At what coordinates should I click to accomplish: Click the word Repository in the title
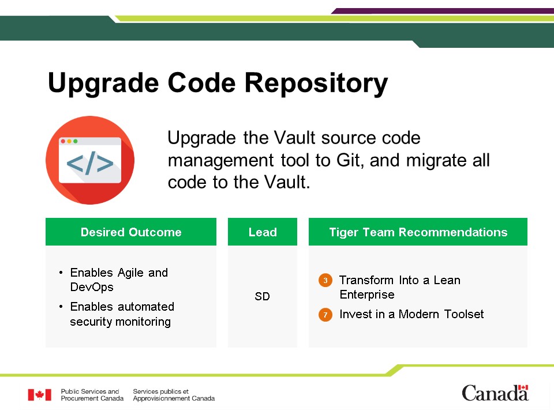pyautogui.click(x=316, y=84)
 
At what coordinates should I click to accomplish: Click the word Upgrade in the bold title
pyautogui.click(x=103, y=84)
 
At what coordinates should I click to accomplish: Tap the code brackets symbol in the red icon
pyautogui.click(x=90, y=163)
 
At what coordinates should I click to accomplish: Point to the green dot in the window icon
pyautogui.click(x=75, y=141)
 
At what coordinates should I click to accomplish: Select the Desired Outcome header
pyautogui.click(x=131, y=232)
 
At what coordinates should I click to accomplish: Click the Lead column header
pyautogui.click(x=263, y=232)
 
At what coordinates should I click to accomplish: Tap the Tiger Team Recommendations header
pyautogui.click(x=418, y=232)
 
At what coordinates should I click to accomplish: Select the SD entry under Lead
pyautogui.click(x=262, y=296)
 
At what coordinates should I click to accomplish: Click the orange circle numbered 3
pyautogui.click(x=325, y=281)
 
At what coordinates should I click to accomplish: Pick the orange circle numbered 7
pyautogui.click(x=325, y=315)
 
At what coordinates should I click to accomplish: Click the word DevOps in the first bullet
pyautogui.click(x=92, y=287)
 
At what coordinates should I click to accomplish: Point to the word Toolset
pyautogui.click(x=464, y=314)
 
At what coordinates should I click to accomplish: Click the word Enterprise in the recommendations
pyautogui.click(x=367, y=295)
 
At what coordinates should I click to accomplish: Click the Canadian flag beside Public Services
pyautogui.click(x=40, y=395)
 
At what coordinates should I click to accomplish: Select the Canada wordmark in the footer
pyautogui.click(x=495, y=393)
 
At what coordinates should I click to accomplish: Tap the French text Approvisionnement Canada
pyautogui.click(x=174, y=398)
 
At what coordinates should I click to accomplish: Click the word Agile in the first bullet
pyautogui.click(x=130, y=273)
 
